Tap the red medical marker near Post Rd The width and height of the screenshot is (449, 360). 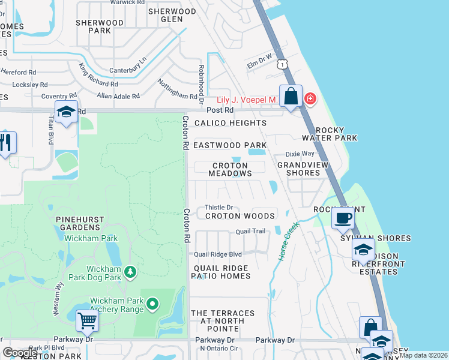click(x=310, y=98)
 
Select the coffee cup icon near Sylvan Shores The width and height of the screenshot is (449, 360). click(x=342, y=218)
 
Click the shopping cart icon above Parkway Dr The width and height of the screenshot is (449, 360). click(x=87, y=321)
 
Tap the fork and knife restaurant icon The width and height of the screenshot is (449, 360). click(x=6, y=143)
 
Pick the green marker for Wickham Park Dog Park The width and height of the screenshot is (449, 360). click(x=130, y=273)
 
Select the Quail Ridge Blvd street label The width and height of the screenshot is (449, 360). click(x=217, y=254)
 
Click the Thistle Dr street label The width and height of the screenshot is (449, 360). click(x=219, y=208)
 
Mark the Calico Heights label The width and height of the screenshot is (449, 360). click(x=229, y=123)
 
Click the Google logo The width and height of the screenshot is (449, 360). click(x=20, y=352)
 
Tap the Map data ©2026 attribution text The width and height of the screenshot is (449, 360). click(x=423, y=355)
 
